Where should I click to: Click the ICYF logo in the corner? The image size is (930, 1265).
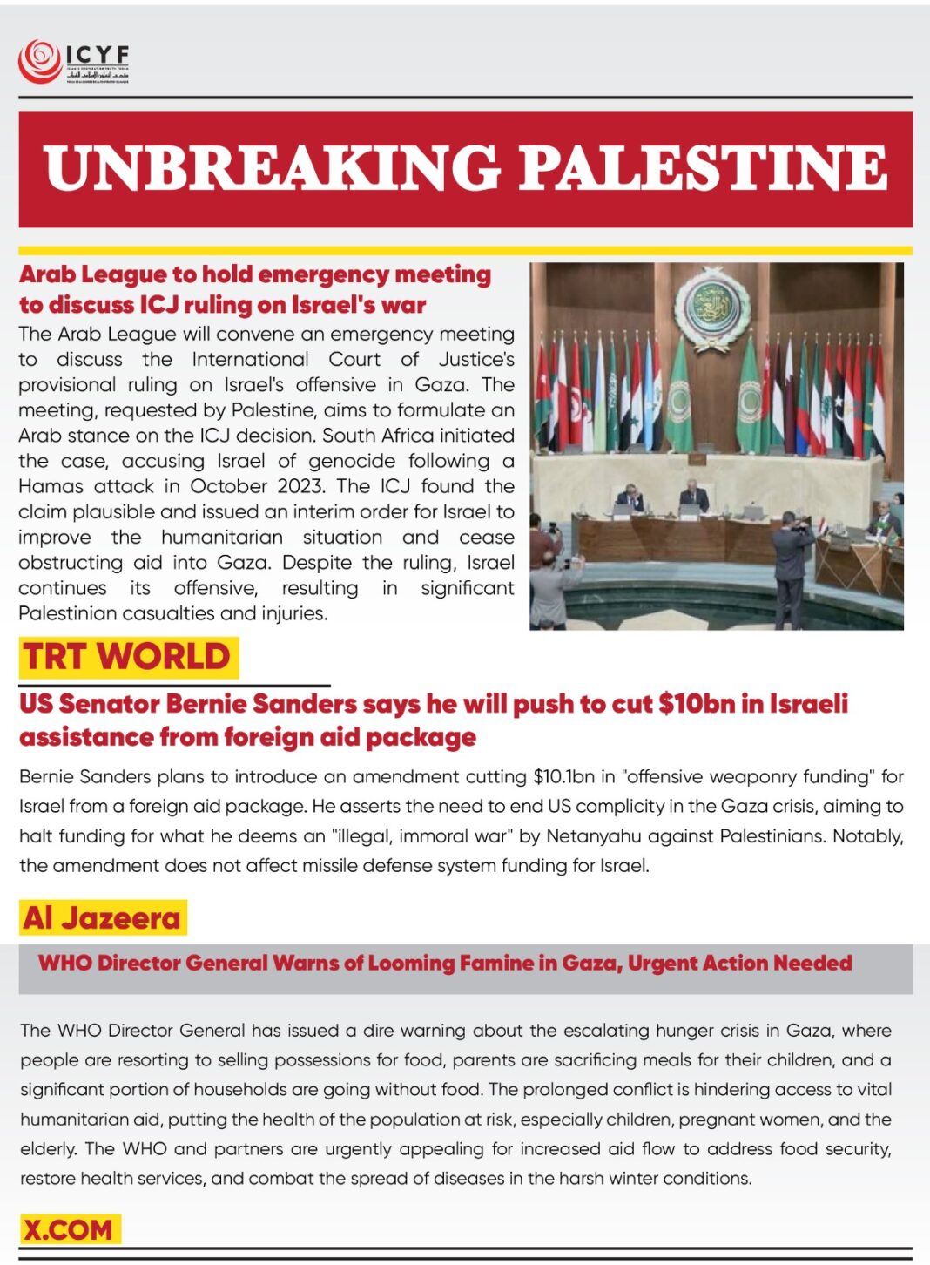coord(73,62)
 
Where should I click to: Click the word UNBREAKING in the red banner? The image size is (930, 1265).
coord(271,168)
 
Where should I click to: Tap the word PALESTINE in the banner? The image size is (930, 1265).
coord(704,168)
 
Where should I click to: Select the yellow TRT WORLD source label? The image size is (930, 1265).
coord(127,657)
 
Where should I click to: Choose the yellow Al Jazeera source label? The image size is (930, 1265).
coord(102,917)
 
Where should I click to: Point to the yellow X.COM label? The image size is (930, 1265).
coord(68,1229)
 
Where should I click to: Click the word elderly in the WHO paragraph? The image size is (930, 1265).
coord(49,1149)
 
